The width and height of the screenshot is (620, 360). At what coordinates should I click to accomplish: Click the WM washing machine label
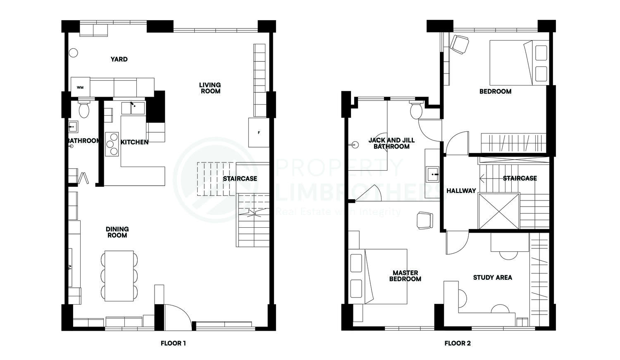[x=80, y=88]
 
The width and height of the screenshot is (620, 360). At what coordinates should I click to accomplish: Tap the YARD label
[x=119, y=59]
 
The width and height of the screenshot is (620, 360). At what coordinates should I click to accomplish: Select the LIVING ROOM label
[x=210, y=88]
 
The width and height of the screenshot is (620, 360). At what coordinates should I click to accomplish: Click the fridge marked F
[x=258, y=133]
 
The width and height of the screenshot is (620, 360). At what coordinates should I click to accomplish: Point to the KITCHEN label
[x=134, y=142]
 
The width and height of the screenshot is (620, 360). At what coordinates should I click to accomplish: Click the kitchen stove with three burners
[x=112, y=144]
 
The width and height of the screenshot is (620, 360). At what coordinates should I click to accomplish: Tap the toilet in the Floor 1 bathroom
[x=84, y=108]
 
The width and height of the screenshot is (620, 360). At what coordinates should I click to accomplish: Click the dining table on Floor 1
[x=119, y=276]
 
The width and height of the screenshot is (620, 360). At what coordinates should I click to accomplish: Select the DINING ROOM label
[x=117, y=232]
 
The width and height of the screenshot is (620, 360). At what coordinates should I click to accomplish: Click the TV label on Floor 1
[x=70, y=267]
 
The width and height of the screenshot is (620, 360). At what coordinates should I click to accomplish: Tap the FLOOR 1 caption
[x=173, y=343]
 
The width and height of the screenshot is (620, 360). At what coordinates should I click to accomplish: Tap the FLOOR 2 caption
[x=458, y=343]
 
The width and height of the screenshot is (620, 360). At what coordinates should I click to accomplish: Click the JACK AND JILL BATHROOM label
[x=391, y=143]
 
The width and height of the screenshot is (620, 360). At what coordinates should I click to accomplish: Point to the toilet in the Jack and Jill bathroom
[x=416, y=110]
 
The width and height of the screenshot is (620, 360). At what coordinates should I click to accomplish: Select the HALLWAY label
[x=461, y=191]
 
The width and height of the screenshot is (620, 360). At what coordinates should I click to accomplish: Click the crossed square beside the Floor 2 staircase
[x=499, y=211]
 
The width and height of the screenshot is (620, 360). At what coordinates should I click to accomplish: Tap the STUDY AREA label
[x=492, y=277]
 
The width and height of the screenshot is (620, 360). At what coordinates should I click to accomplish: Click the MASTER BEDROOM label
[x=405, y=276]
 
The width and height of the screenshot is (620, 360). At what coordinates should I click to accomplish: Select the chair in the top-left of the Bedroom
[x=460, y=45]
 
